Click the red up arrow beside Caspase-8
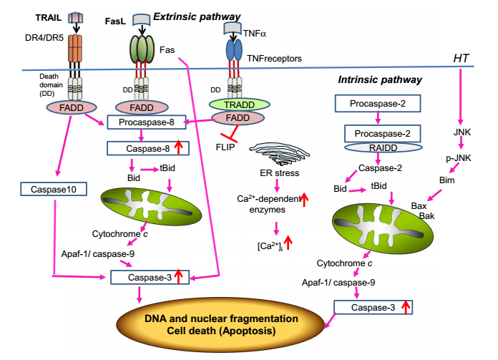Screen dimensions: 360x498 tap(179, 148)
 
